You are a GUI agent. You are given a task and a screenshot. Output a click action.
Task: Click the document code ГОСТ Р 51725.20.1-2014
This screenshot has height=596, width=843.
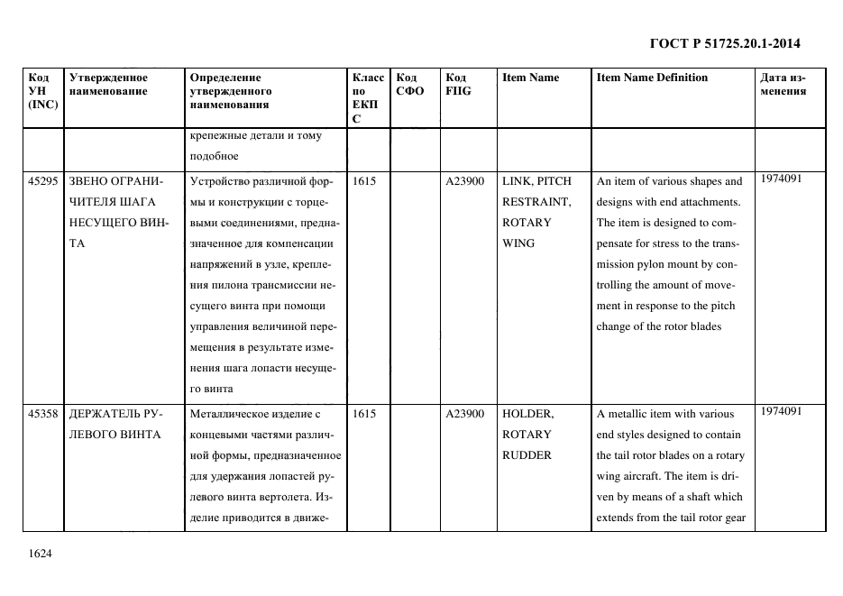(x=725, y=43)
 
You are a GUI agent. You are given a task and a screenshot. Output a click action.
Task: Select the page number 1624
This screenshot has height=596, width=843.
(x=41, y=552)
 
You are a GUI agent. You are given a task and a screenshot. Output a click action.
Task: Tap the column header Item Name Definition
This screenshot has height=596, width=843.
(x=652, y=78)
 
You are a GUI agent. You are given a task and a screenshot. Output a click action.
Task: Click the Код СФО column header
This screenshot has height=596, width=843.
(x=410, y=84)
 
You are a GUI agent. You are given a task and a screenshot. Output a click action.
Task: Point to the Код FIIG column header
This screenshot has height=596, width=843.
(x=458, y=84)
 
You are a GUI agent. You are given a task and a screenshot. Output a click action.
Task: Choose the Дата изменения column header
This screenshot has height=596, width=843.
(x=783, y=84)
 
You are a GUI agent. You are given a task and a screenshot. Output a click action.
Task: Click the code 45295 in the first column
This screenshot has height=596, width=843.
(x=43, y=181)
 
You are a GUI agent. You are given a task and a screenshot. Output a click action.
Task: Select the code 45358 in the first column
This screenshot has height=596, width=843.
(x=43, y=414)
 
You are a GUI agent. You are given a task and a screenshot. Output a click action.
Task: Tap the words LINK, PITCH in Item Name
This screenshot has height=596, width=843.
(x=536, y=181)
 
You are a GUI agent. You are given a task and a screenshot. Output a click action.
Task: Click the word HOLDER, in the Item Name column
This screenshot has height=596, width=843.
(x=527, y=414)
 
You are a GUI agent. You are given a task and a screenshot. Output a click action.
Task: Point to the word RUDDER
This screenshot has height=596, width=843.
(x=527, y=455)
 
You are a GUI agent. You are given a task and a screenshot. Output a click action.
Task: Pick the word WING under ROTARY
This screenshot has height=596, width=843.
(x=518, y=243)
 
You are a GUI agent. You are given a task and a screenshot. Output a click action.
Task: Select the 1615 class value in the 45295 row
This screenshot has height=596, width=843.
(x=364, y=181)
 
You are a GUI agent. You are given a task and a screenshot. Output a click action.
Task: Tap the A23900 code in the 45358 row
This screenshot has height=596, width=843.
(x=465, y=414)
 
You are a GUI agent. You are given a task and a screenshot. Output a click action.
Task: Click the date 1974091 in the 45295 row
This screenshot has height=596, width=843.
(x=781, y=179)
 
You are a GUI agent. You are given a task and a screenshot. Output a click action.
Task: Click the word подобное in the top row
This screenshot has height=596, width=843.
(x=214, y=157)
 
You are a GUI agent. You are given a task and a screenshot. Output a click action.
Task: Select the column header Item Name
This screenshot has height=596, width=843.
(x=530, y=78)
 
